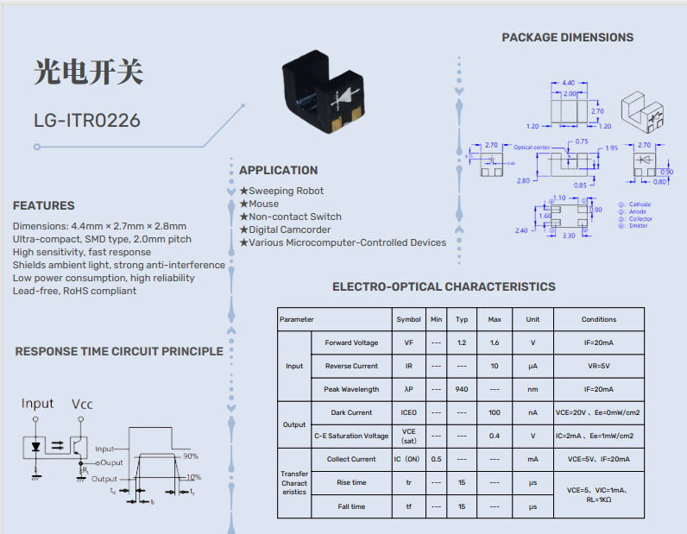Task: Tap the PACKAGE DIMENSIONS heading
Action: pyautogui.click(x=567, y=37)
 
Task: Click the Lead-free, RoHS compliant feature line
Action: pyautogui.click(x=74, y=291)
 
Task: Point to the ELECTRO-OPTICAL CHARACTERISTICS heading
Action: pyautogui.click(x=444, y=286)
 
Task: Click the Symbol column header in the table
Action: pyautogui.click(x=408, y=319)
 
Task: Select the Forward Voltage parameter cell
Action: pyautogui.click(x=351, y=342)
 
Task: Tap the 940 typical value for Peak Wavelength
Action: pyautogui.click(x=462, y=389)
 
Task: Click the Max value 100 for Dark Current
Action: pyautogui.click(x=494, y=412)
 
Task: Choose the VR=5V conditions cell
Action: pyautogui.click(x=598, y=366)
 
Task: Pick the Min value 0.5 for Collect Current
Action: pyautogui.click(x=436, y=459)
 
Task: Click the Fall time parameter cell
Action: pyautogui.click(x=351, y=506)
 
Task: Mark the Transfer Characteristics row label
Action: pyautogui.click(x=294, y=483)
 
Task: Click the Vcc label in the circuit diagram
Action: pyautogui.click(x=83, y=404)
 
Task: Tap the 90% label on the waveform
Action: pyautogui.click(x=191, y=455)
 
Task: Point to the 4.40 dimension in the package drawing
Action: pyautogui.click(x=568, y=83)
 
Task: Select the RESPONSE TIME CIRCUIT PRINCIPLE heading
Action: pyautogui.click(x=119, y=351)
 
